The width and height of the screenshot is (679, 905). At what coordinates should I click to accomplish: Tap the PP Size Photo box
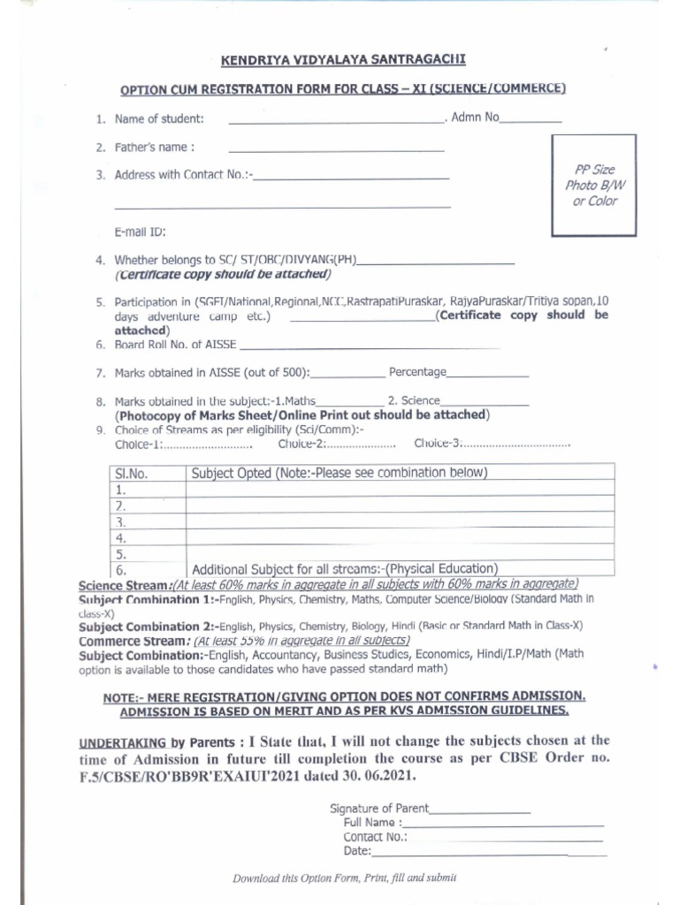coord(592,185)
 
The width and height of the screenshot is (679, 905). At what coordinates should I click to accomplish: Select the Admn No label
coord(475,117)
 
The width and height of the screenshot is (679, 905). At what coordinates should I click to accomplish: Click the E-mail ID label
coord(140,232)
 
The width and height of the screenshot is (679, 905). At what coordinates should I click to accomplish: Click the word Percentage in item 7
coord(417,372)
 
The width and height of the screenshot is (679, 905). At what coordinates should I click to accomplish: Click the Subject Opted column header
coord(339,473)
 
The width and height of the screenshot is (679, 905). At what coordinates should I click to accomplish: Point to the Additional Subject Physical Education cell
coord(345,569)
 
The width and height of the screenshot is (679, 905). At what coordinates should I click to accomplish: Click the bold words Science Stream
coord(123,585)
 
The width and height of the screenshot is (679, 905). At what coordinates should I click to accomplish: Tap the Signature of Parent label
coord(379,808)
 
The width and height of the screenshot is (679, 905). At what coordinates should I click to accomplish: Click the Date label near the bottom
coord(357,851)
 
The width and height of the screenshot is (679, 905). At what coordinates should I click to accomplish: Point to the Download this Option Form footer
coord(344,878)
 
